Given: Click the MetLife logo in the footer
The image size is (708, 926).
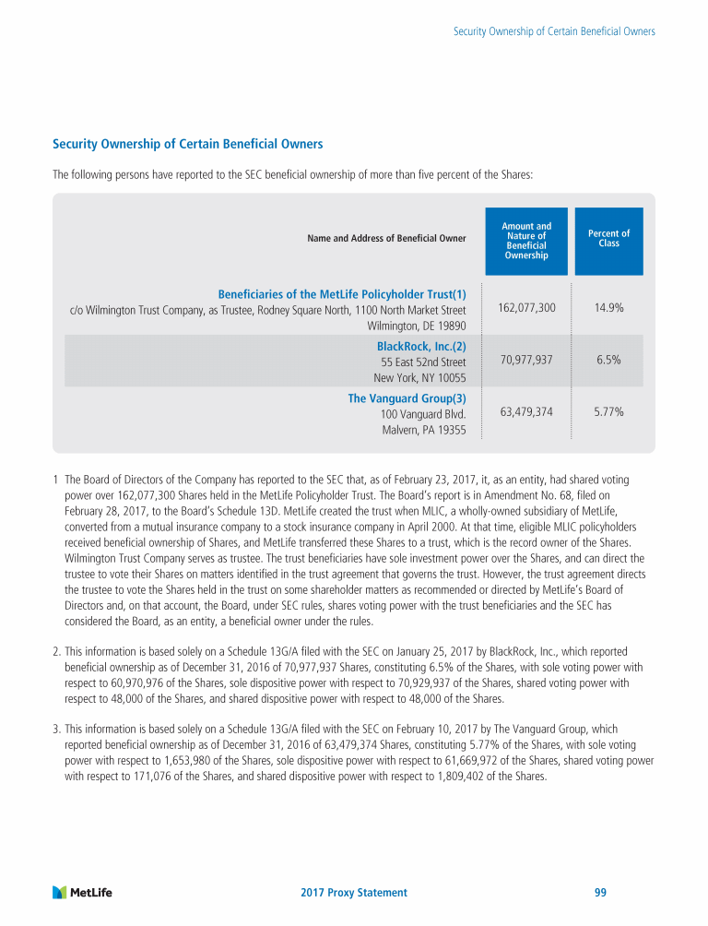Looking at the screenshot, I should pos(82,892).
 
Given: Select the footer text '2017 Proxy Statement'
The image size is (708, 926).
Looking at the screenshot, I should pos(354,893).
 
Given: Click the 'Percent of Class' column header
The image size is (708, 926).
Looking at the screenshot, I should pos(608,239).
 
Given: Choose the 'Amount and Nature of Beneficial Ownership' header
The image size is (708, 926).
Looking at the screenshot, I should pos(526,241).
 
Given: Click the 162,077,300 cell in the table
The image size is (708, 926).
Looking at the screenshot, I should pos(526,307).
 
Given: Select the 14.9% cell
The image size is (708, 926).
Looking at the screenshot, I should pos(608,307).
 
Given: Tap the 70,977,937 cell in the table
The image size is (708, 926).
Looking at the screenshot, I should pos(526,360).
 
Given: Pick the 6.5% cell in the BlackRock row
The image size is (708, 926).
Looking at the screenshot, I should pos(608,360).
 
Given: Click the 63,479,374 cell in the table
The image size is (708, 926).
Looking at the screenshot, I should pos(526,412).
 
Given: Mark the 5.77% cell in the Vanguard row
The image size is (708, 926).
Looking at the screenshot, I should pos(608,412).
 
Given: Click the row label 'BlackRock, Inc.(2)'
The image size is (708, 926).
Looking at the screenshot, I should pos(421,346).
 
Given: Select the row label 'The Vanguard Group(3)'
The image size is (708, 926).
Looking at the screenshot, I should pos(407,398).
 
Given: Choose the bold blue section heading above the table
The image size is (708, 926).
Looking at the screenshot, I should pos(187,144).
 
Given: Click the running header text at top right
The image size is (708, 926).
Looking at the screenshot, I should pos(554,31).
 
